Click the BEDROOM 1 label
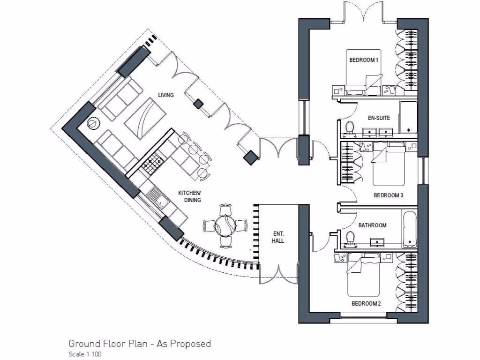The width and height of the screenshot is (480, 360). tap(363, 60)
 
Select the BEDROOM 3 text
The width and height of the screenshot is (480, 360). tap(388, 195)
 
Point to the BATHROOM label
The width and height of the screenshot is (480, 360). tap(372, 225)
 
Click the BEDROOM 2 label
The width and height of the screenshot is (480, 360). tap(366, 304)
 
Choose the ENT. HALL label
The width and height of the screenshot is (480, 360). tap(279, 237)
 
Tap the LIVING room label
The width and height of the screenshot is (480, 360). tap(165, 95)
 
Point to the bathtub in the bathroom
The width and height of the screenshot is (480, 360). tap(409, 229)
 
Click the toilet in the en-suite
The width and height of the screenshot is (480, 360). tap(350, 128)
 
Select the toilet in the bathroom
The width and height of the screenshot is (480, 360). tap(349, 238)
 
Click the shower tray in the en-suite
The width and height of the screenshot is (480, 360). tap(407, 117)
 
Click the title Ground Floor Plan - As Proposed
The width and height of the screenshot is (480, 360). tap(139, 344)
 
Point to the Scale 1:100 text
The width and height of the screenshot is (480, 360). tap(85, 354)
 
